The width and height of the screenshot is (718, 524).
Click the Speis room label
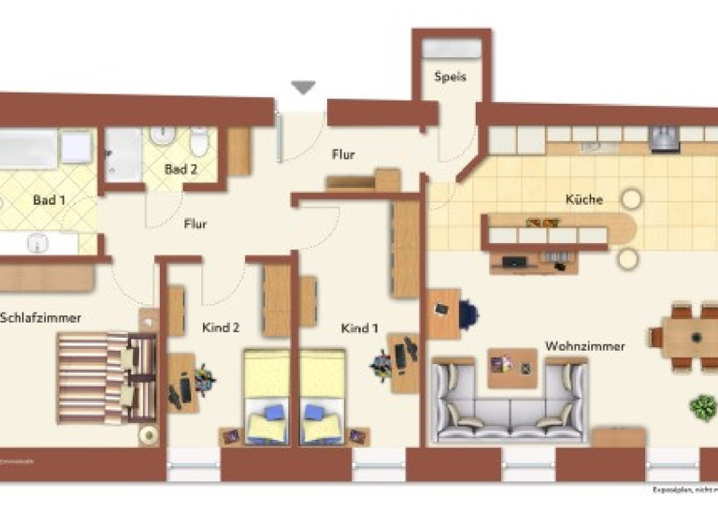tap(450, 78)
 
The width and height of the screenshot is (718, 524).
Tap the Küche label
tap(584, 199)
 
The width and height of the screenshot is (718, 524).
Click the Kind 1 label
tap(360, 328)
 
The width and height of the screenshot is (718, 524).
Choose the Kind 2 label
tap(222, 327)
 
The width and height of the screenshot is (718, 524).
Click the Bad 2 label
tap(180, 169)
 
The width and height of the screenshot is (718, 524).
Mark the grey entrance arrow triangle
tap(303, 88)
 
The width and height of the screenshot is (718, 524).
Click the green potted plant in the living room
tap(702, 407)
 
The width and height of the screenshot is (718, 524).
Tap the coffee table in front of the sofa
tap(512, 367)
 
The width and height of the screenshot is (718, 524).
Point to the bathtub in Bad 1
tap(28, 149)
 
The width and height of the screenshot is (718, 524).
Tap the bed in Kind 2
tap(266, 396)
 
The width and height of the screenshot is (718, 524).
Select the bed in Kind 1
tap(323, 396)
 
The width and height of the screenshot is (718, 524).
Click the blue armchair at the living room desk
tap(467, 315)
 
